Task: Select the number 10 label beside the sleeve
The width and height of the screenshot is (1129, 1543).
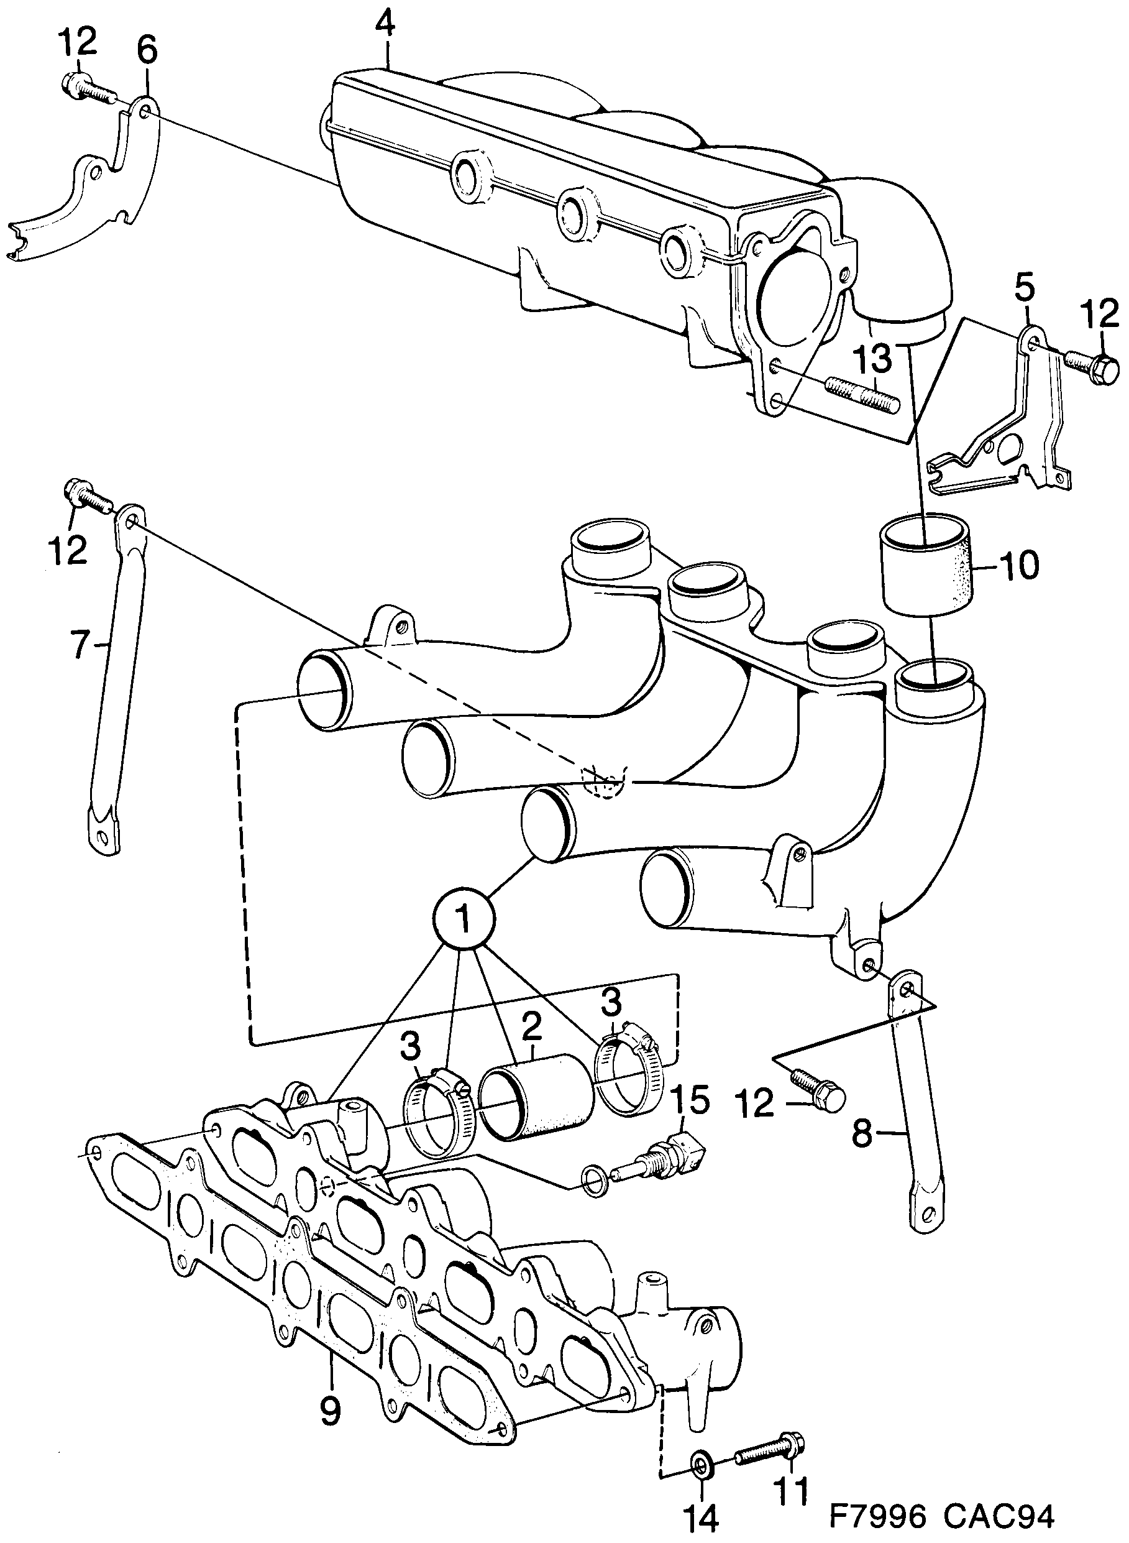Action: coord(1018,564)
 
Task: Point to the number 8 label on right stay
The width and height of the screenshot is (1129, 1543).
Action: coord(862,1136)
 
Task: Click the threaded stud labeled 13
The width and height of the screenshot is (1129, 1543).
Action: coord(864,397)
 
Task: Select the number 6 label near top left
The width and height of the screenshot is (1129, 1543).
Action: coord(146,51)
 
